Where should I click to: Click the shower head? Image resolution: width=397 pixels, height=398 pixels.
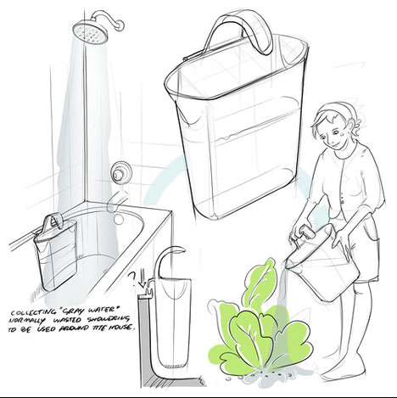click(x=88, y=33)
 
